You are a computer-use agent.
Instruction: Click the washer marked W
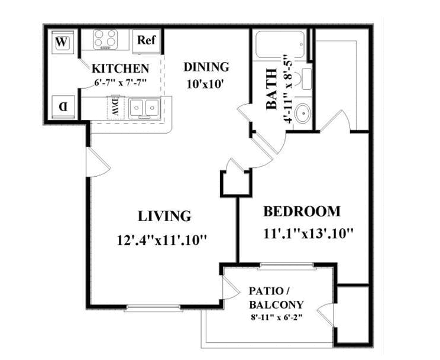coord(63,41)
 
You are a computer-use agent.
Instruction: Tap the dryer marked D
coord(63,107)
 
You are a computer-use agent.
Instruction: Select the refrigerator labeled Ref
coord(146,41)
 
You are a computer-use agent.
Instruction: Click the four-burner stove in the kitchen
coord(105,39)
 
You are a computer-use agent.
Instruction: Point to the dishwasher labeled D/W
coord(115,108)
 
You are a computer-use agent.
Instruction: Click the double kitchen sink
coord(144,108)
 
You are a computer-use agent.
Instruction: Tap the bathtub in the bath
coord(280,44)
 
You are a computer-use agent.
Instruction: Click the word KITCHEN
coord(121,69)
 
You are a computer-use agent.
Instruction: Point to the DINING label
coord(206,67)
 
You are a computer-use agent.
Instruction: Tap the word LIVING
coord(164,216)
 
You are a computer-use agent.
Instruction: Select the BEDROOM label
coord(302,212)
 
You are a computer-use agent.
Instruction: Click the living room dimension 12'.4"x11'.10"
coord(162,240)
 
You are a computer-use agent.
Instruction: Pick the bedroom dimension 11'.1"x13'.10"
coord(308,233)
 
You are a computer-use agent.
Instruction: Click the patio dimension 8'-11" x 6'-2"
coord(276,317)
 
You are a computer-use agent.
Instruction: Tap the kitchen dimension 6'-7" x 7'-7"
coord(121,83)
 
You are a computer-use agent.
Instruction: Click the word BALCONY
coord(276,304)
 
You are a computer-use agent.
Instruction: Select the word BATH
coord(271,89)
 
